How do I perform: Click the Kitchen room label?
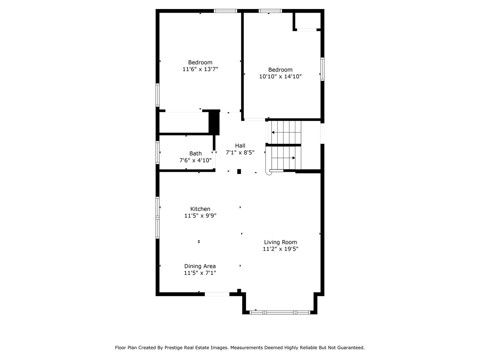[200, 209]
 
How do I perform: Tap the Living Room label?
[280, 242]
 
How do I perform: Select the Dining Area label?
[200, 266]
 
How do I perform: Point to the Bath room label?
[195, 154]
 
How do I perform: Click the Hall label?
[240, 146]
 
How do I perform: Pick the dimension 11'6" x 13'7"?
[200, 69]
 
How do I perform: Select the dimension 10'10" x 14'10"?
[280, 77]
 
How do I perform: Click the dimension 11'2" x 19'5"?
[280, 249]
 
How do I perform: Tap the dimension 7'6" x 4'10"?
[195, 160]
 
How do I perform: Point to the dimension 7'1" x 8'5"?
[240, 152]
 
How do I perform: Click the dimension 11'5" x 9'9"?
[200, 216]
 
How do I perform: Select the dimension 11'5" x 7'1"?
[200, 273]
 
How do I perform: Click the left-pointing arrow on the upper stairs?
[273, 132]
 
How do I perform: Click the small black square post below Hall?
[239, 172]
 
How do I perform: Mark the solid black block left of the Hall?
[214, 122]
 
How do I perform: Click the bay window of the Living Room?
[280, 312]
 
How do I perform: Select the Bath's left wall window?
[158, 153]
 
